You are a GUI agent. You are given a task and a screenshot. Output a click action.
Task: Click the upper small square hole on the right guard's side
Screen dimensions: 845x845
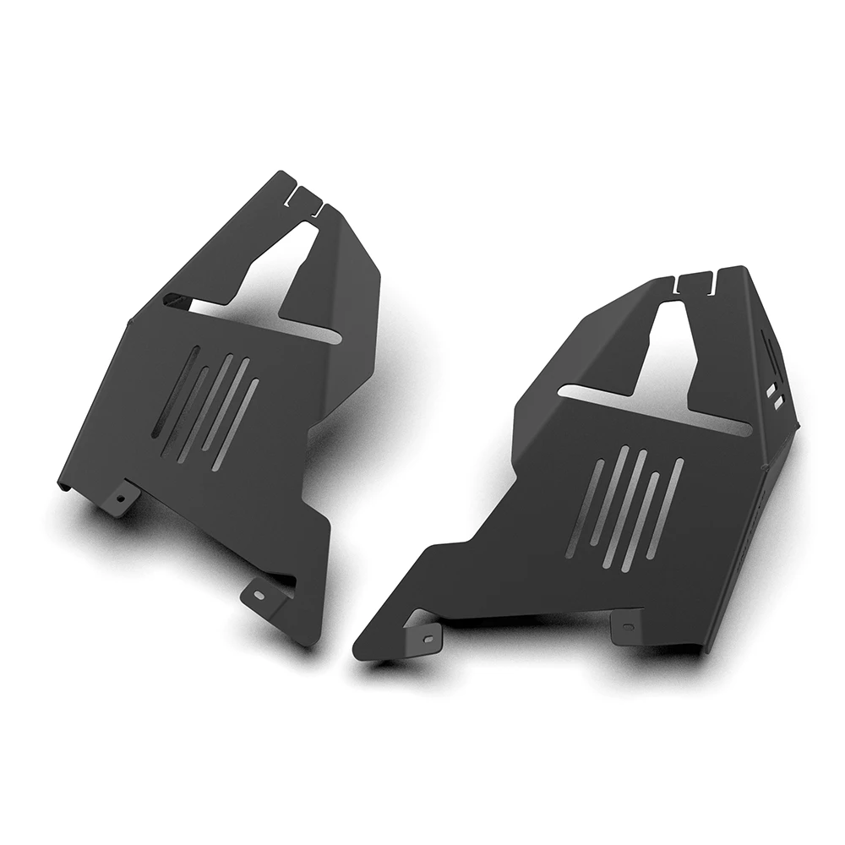pyautogui.click(x=771, y=390)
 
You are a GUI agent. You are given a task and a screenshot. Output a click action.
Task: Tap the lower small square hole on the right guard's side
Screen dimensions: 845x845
pyautogui.click(x=777, y=404)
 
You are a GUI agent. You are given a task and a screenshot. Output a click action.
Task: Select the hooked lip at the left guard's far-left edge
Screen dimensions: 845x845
pyautogui.click(x=62, y=485)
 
